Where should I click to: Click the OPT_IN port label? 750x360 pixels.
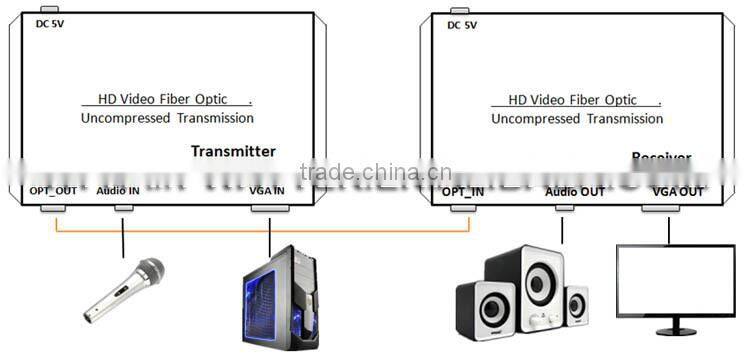click(x=463, y=190)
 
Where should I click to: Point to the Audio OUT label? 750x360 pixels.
click(x=575, y=190)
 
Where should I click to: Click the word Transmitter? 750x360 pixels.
click(x=233, y=151)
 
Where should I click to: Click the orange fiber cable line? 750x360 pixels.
click(x=260, y=232)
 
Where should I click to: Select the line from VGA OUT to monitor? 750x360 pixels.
click(x=668, y=228)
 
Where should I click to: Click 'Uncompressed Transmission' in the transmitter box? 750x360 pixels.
click(x=167, y=118)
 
